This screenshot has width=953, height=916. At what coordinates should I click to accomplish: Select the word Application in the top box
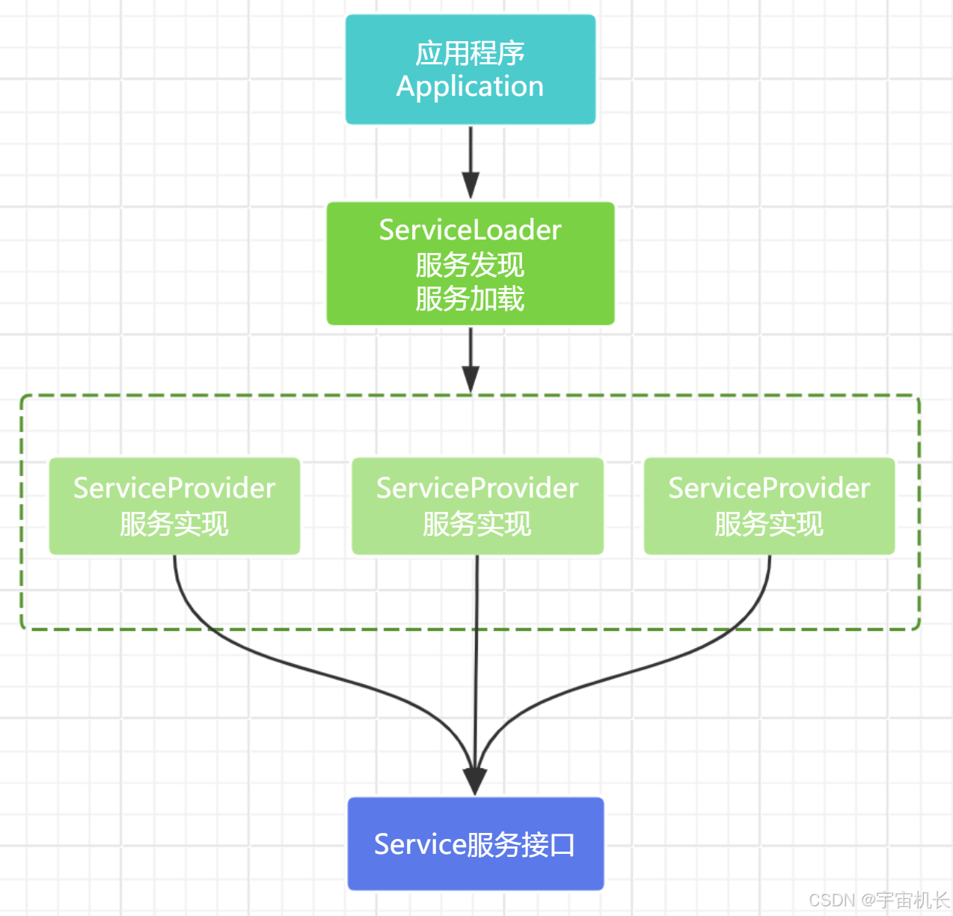[470, 87]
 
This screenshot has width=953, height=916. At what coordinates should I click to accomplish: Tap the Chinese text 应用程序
[470, 53]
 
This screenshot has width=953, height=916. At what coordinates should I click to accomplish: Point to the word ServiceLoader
[470, 230]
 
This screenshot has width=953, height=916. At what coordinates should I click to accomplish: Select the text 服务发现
[470, 265]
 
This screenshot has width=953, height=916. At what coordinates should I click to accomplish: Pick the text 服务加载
[470, 299]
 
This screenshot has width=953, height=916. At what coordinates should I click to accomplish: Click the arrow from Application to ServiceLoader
[471, 161]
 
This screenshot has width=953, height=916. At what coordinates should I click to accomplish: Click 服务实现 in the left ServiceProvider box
[174, 524]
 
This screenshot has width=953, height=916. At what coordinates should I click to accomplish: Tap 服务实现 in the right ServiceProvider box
[769, 524]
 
